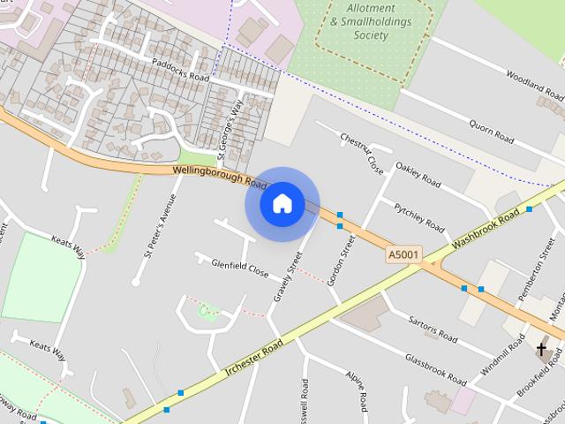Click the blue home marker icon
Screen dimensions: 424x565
pyautogui.click(x=282, y=203)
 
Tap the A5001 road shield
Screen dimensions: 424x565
pyautogui.click(x=404, y=254)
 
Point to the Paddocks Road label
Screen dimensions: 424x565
pyautogui.click(x=180, y=71)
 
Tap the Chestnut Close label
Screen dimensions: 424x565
pyautogui.click(x=362, y=153)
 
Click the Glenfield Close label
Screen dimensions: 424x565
pyautogui.click(x=239, y=267)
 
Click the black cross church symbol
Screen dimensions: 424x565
pyautogui.click(x=542, y=350)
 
